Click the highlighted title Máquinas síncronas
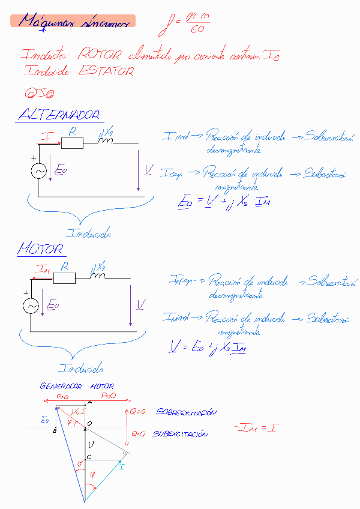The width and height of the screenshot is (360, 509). pos(73,22)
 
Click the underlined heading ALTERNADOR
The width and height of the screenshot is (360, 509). pos(58,115)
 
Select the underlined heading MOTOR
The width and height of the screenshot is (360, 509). pos(41,248)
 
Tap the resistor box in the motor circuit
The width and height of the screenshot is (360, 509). pos(64,277)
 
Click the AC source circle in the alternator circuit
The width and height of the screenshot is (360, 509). pos(39,171)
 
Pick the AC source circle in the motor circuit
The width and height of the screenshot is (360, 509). pos(31,306)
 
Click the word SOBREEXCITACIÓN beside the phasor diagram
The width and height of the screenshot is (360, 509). pos(186,412)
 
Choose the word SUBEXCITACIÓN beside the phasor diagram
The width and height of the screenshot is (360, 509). pos(181,433)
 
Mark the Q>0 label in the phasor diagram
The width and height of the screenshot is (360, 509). pos(137,412)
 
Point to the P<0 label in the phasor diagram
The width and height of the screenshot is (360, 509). pos(109,397)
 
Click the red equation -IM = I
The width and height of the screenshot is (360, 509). pos(254,428)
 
